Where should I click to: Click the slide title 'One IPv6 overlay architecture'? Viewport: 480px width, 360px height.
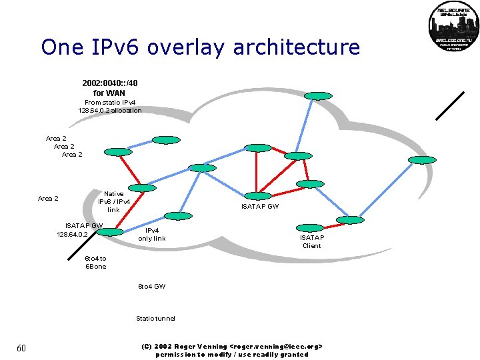[x=200, y=47]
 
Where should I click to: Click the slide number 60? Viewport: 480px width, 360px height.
[x=21, y=349]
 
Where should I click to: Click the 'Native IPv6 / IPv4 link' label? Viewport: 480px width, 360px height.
[x=114, y=201]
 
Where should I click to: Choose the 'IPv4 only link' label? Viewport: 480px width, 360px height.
[x=152, y=234]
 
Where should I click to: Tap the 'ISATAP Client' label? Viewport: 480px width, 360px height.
[x=311, y=241]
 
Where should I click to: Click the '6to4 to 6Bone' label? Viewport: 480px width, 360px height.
[x=95, y=262]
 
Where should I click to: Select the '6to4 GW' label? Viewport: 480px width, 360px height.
[x=151, y=286]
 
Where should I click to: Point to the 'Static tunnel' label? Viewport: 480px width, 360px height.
[x=155, y=319]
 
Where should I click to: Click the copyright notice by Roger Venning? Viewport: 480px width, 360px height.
[x=232, y=350]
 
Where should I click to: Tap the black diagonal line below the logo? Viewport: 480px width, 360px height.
[x=450, y=105]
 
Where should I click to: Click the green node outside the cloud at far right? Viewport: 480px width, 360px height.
[x=421, y=160]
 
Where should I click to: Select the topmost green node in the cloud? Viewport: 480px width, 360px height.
[x=318, y=96]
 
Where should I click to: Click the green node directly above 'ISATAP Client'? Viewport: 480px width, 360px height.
[x=308, y=228]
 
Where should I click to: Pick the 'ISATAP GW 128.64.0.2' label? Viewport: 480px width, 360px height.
[x=81, y=230]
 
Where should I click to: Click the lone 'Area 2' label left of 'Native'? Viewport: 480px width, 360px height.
[x=48, y=199]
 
